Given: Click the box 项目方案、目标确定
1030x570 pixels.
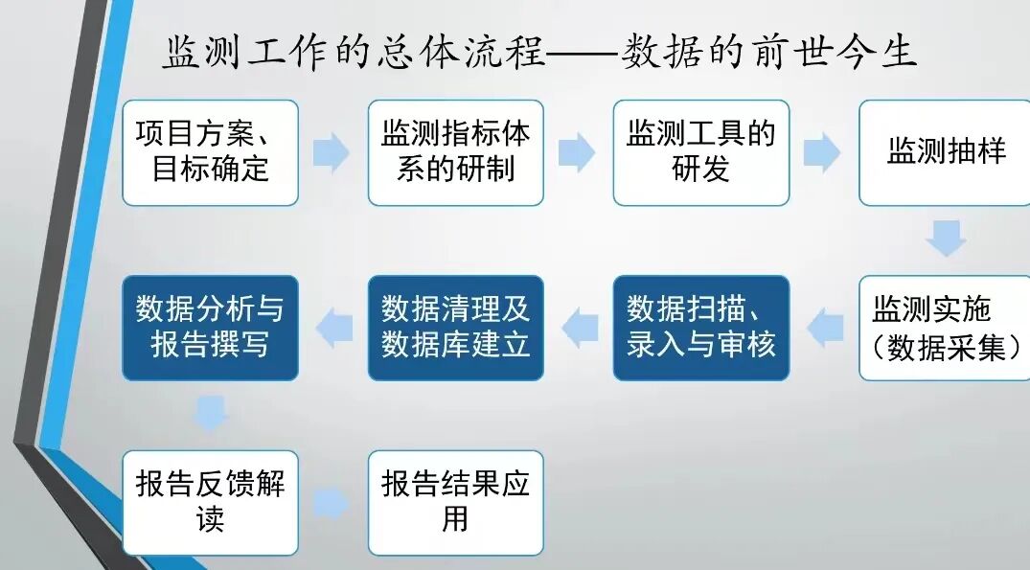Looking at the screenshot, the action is (x=210, y=152).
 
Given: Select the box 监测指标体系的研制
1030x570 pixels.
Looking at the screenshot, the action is (x=455, y=152).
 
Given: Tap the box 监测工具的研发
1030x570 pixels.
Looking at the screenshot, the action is (x=700, y=152).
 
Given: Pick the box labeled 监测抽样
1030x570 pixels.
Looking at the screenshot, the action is (x=945, y=152).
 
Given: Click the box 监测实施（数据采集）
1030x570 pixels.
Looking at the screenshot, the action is (x=945, y=329).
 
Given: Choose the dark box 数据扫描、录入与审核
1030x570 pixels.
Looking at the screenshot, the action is (x=700, y=329).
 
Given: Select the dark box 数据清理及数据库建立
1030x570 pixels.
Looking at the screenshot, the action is (x=455, y=329).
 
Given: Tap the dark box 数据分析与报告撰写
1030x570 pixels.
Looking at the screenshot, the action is (x=210, y=329).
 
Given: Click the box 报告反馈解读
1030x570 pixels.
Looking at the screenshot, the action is (x=210, y=503).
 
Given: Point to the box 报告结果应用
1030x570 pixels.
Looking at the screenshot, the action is (x=455, y=503).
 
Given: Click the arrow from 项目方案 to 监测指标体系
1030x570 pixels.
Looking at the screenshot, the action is (x=332, y=153).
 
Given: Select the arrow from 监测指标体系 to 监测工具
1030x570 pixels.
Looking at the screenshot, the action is (x=577, y=153).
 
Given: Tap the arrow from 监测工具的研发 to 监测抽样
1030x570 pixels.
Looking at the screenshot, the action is (x=822, y=153).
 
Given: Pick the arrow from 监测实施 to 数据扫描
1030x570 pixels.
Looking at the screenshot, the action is (x=824, y=329).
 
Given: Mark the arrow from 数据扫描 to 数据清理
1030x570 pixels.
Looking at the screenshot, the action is (x=579, y=329).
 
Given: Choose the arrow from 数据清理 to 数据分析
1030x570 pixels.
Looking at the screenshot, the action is (x=333, y=329).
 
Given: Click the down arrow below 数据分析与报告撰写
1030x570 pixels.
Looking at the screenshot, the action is (x=210, y=414).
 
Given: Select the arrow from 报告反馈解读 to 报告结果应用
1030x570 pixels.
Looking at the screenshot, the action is (x=332, y=503).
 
